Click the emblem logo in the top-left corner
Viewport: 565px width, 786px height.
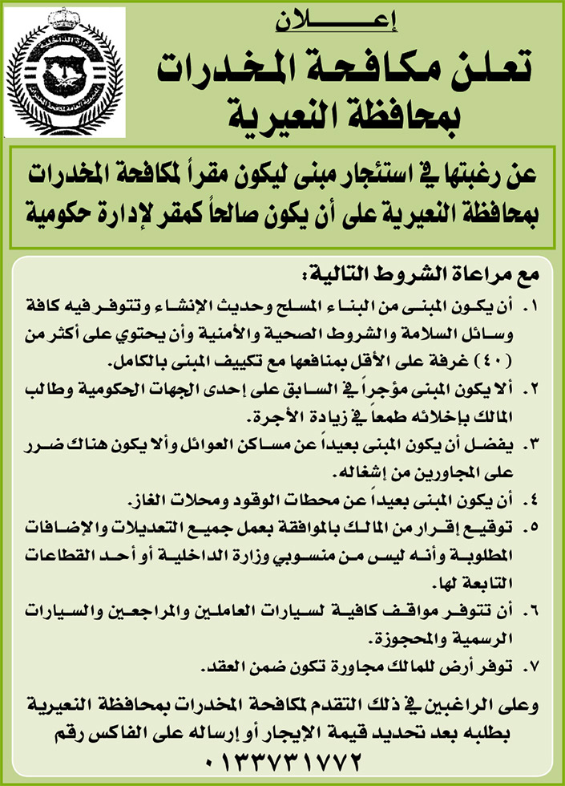tap(64, 72)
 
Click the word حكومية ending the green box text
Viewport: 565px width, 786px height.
tap(63, 213)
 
